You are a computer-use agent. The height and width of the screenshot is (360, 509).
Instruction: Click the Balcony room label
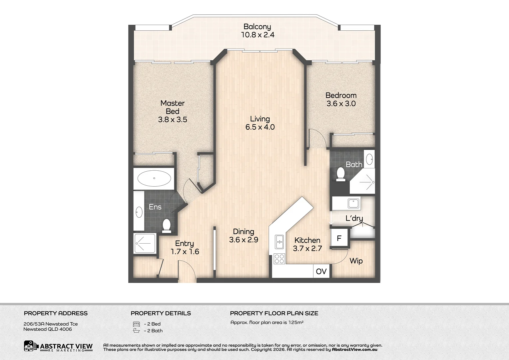(257, 27)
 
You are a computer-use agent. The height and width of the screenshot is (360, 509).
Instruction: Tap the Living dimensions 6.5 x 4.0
(260, 127)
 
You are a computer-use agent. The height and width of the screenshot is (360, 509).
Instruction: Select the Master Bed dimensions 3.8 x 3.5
(173, 120)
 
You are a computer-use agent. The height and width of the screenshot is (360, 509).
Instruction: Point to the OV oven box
(321, 271)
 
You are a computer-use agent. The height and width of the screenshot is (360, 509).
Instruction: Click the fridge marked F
(339, 238)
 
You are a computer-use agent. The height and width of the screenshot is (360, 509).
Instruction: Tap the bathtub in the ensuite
(154, 178)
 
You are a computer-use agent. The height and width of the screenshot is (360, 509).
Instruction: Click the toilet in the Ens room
(167, 226)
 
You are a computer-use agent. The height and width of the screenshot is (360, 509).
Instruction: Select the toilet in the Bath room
(341, 174)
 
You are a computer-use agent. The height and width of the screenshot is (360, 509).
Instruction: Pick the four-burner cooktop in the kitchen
(279, 259)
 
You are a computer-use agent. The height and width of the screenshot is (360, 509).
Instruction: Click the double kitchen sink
(279, 242)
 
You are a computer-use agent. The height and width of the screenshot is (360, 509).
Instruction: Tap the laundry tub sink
(354, 203)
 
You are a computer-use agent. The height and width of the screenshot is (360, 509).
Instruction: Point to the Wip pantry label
(356, 261)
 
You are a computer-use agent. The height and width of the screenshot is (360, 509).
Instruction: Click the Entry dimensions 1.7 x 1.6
(185, 252)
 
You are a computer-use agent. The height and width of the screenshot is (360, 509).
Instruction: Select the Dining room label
(244, 232)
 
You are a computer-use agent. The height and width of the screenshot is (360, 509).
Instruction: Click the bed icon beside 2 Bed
(136, 324)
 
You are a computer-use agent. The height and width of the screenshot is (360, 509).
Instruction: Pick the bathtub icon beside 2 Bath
(136, 331)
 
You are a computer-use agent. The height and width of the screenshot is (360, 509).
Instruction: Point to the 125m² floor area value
(296, 322)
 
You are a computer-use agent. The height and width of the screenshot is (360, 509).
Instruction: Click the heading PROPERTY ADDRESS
(56, 313)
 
